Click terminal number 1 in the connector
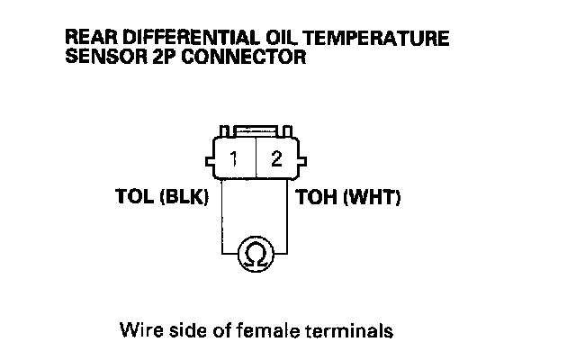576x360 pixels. (233, 160)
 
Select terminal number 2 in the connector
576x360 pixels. (276, 160)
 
